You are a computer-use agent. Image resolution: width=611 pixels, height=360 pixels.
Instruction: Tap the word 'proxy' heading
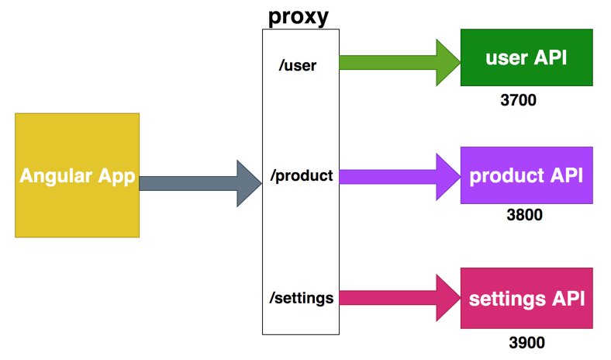299,16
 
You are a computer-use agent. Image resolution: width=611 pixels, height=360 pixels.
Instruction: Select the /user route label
298,65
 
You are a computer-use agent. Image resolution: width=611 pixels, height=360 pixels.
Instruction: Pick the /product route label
301,176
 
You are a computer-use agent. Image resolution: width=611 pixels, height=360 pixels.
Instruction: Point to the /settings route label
301,298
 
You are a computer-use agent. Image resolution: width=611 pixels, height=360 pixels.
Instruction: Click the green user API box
526,57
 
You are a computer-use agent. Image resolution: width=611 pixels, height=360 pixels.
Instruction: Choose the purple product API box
526,175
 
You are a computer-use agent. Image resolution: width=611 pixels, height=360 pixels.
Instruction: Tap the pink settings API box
526,298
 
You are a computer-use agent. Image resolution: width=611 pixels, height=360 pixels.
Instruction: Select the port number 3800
524,215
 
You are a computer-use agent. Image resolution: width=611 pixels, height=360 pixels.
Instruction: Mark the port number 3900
526,342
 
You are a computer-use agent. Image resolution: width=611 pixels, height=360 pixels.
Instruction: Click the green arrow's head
447,61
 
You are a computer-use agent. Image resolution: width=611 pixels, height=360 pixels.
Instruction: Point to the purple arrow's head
447,177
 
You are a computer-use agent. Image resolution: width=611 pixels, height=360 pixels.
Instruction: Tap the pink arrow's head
447,298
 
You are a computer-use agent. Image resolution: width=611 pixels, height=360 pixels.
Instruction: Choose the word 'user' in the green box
507,58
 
